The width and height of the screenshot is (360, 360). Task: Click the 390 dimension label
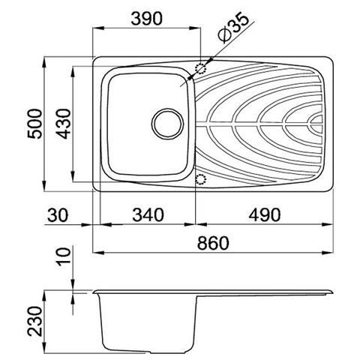[146, 19]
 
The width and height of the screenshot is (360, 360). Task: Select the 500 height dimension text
[34, 124]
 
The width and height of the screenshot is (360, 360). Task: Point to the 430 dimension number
[64, 124]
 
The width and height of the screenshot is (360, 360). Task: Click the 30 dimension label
[58, 215]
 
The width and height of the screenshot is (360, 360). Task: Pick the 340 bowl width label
[148, 215]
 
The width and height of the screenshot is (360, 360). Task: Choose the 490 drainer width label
[265, 215]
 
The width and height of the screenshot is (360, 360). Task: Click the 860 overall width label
[213, 243]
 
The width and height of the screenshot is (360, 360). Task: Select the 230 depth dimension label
[34, 321]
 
